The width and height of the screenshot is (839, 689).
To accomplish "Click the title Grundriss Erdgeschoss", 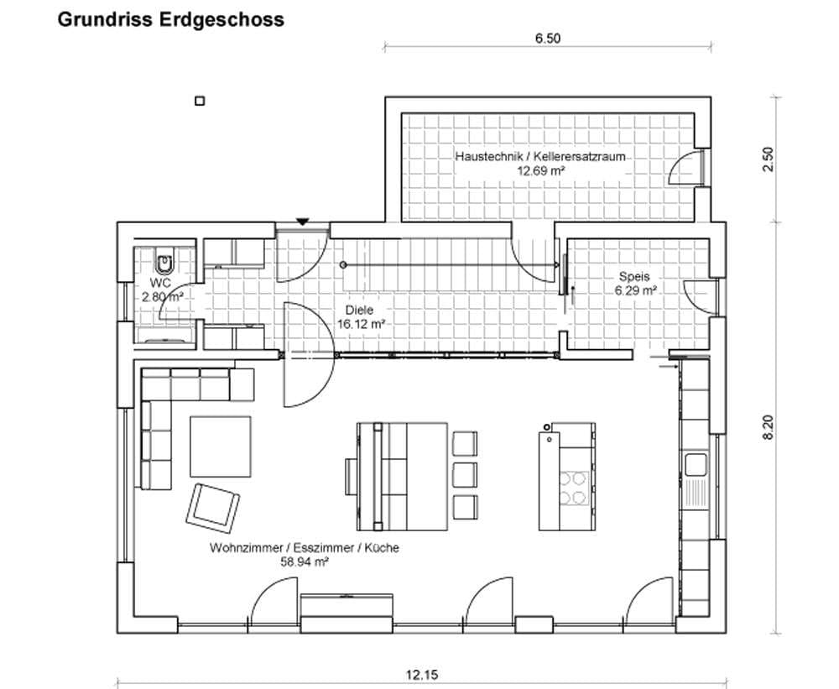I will [170, 19].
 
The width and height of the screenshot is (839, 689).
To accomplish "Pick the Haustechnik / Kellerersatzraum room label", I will [541, 157].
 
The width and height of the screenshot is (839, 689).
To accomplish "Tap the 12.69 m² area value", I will [540, 170].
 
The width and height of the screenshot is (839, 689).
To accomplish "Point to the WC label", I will [161, 284].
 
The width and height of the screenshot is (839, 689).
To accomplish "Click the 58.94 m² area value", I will [304, 562].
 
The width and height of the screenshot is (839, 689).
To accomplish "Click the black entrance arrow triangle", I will [302, 222].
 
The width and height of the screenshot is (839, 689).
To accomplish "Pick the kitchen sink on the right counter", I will [695, 464].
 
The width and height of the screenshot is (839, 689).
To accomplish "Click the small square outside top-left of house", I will [200, 101].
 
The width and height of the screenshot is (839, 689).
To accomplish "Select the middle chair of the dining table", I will [464, 473].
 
